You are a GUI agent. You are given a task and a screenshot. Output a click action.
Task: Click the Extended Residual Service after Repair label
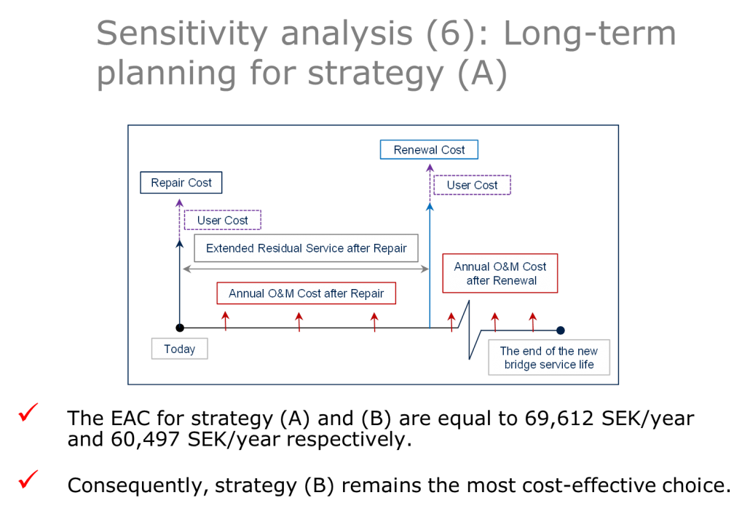coord(306,248)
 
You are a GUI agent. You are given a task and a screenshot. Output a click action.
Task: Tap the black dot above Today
coord(180,328)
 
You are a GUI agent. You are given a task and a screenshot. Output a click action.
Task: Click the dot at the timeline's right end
coord(561,330)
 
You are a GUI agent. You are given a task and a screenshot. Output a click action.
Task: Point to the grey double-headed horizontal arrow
coord(306,269)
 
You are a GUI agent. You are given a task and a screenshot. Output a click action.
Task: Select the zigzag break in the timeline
coord(469,330)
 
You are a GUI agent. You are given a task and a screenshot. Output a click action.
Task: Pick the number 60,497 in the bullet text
coord(145,439)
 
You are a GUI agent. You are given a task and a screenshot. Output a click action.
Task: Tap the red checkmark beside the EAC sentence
coord(28,412)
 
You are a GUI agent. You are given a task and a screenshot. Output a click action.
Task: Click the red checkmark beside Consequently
coord(28,479)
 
